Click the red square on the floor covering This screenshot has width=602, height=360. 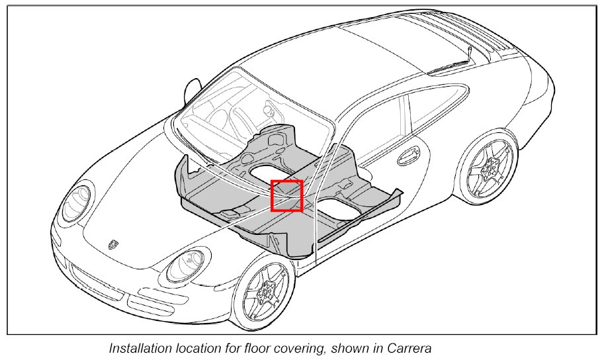coord(286,196)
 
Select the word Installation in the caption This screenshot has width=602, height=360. coord(135,348)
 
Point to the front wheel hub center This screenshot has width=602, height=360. coord(267,289)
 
